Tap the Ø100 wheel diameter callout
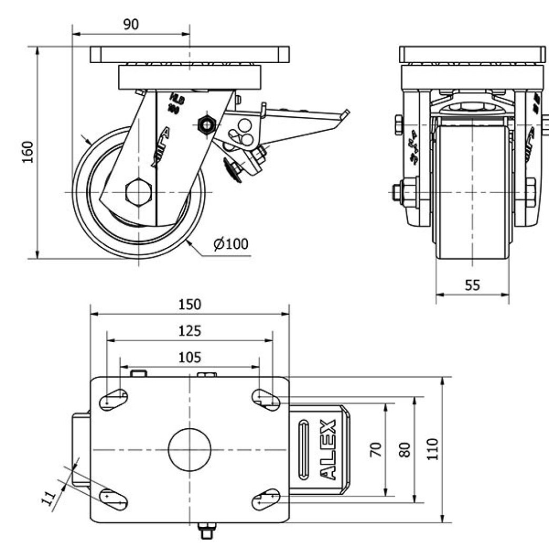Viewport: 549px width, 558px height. click(x=231, y=244)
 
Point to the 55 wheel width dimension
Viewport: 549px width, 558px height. click(x=473, y=285)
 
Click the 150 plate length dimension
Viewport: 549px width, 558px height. click(x=190, y=304)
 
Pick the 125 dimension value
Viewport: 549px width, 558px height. click(x=190, y=331)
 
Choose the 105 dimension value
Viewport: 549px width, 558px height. click(x=190, y=358)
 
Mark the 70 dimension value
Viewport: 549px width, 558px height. click(x=376, y=450)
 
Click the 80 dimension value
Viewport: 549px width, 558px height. click(x=405, y=450)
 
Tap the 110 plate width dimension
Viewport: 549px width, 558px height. click(x=433, y=449)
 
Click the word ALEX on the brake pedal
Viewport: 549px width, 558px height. click(x=328, y=450)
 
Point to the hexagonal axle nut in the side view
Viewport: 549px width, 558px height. click(x=140, y=192)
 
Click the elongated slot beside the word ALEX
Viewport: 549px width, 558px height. click(x=305, y=449)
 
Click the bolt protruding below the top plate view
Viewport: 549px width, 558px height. click(x=205, y=531)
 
